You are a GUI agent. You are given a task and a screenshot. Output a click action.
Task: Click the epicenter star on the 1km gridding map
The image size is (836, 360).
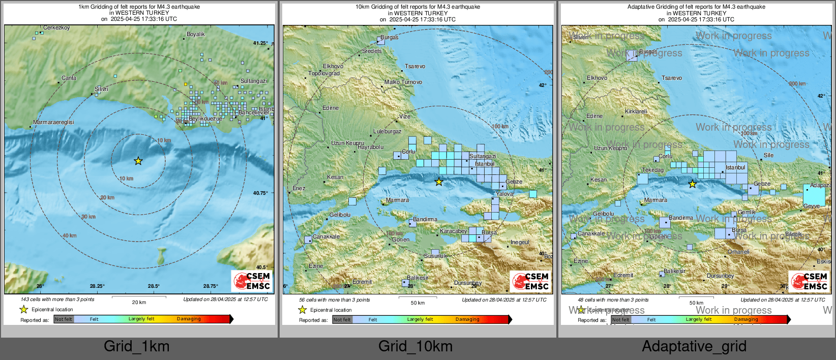[138, 161]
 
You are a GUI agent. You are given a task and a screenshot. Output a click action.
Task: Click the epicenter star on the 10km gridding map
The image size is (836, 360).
[439, 182]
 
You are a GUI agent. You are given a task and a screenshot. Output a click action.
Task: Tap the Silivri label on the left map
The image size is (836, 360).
[101, 89]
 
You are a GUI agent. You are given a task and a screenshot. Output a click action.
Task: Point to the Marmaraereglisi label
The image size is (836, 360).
[53, 122]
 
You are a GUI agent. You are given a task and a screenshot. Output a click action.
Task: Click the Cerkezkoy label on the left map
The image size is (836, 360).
[56, 28]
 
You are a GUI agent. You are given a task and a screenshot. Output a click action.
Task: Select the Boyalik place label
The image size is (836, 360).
[196, 34]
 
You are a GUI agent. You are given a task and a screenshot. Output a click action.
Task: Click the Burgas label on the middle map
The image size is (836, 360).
[390, 38]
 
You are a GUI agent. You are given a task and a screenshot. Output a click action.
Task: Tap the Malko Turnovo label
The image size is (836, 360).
[403, 82]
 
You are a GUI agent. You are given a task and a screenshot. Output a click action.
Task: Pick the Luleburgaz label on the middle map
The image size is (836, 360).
[387, 131]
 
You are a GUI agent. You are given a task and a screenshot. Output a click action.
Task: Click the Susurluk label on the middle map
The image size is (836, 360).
[436, 256]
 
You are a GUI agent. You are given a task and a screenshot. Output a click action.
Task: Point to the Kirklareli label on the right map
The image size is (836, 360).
[636, 111]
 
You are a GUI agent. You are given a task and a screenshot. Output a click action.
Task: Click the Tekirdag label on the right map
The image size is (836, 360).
[652, 170]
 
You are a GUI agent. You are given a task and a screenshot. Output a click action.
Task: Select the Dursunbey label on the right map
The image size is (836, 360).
[721, 276]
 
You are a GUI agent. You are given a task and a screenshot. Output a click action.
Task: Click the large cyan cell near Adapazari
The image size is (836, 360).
[814, 195]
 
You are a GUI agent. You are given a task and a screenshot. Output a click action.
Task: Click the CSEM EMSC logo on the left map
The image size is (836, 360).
[252, 281]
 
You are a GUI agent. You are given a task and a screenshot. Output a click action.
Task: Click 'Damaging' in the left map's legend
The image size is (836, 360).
[189, 319]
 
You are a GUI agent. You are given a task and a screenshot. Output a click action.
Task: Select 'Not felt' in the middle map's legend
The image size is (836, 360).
[342, 320]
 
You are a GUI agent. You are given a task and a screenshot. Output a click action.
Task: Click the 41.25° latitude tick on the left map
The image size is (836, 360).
[260, 43]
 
